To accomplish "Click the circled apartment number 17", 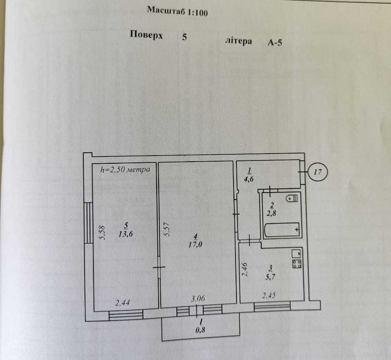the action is pos(317,172).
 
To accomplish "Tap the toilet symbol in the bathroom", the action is pos(292,198).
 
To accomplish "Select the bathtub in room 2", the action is pos(282,229).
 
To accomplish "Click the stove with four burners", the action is pos(297,263).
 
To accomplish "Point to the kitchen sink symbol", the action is pos(297,254).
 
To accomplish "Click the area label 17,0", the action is pos(195,244).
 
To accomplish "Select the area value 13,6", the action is pos(125,234).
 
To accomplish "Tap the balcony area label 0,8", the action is pos(200,330).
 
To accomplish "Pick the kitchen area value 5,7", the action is pos(271,277).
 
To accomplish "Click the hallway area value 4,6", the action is pos(249,179).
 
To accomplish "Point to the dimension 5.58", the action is pos(102,233).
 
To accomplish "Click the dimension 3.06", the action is pos(198,299).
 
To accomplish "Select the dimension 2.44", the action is pos(122,303).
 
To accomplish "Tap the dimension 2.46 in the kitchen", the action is pos(245,269).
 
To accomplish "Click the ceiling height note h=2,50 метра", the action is pos(125,169).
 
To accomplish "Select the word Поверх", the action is pos(146,35).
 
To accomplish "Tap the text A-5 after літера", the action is pos(275,42).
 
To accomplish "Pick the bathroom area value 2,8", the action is pos(271,213).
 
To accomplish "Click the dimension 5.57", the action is pos(166,229).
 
